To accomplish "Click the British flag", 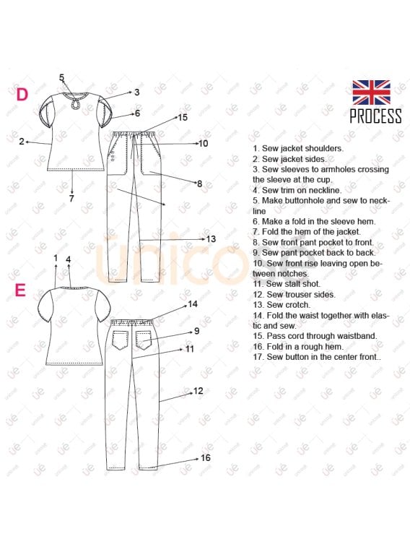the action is click(x=371, y=92).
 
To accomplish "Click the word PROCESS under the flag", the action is click(x=375, y=116).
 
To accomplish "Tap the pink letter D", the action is click(x=22, y=95).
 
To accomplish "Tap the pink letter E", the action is click(x=20, y=290).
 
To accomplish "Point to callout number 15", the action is click(x=183, y=118).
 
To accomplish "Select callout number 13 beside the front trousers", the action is click(x=211, y=239).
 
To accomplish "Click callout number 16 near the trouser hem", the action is click(x=206, y=457).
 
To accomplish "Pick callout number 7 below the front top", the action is click(x=71, y=199).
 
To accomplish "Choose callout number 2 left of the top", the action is click(x=22, y=142).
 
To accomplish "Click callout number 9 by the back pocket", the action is click(x=197, y=331).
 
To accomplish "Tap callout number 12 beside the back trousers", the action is click(x=199, y=391).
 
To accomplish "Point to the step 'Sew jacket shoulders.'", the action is click(x=298, y=148).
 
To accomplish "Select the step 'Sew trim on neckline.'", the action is click(x=297, y=190).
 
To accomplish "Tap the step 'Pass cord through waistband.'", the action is click(x=315, y=336).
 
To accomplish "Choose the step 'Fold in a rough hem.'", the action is click(x=298, y=346).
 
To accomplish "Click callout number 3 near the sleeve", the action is click(x=137, y=92).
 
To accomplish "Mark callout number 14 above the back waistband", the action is click(x=193, y=304).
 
